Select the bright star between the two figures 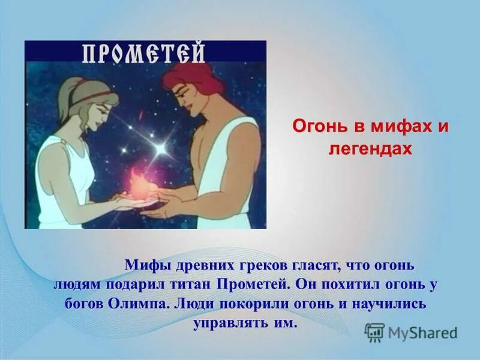pyautogui.click(x=161, y=146)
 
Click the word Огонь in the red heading pyautogui.click(x=317, y=128)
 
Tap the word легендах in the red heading pyautogui.click(x=370, y=148)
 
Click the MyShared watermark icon pyautogui.click(x=375, y=332)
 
